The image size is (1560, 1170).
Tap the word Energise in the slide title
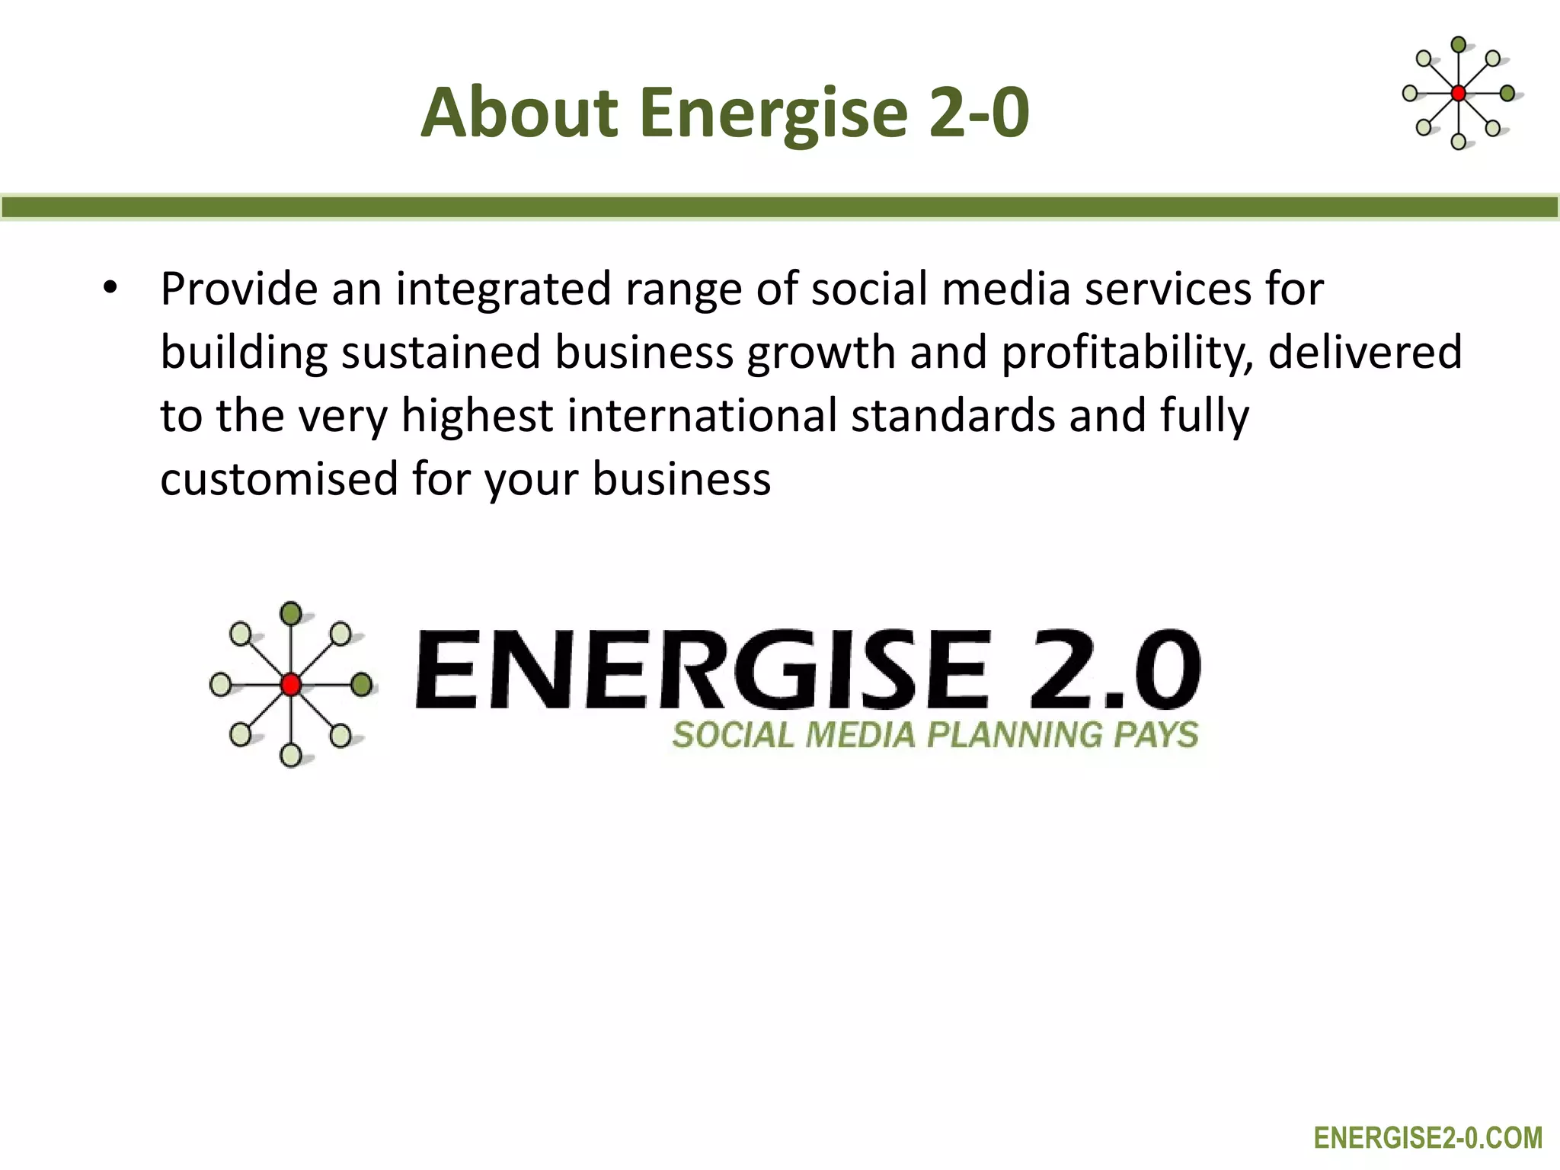[x=773, y=114]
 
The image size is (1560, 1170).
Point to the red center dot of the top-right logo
[x=1458, y=94]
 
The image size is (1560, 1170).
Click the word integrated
[x=503, y=289]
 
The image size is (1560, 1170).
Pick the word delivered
[x=1364, y=352]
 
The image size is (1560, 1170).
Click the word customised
[x=279, y=479]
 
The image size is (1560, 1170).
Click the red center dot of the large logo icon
[x=290, y=685]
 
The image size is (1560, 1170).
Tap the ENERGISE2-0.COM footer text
[x=1427, y=1138]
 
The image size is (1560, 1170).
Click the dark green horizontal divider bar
[x=780, y=207]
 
